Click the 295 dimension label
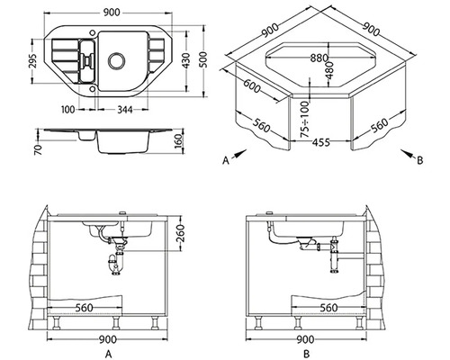click(x=33, y=61)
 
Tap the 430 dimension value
click(x=186, y=60)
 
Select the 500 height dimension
click(x=203, y=59)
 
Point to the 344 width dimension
click(x=124, y=110)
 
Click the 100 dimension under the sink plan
click(x=68, y=110)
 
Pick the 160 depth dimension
click(x=178, y=141)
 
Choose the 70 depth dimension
click(x=38, y=149)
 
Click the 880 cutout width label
click(x=319, y=58)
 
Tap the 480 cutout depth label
click(x=329, y=70)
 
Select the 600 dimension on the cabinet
click(x=251, y=86)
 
